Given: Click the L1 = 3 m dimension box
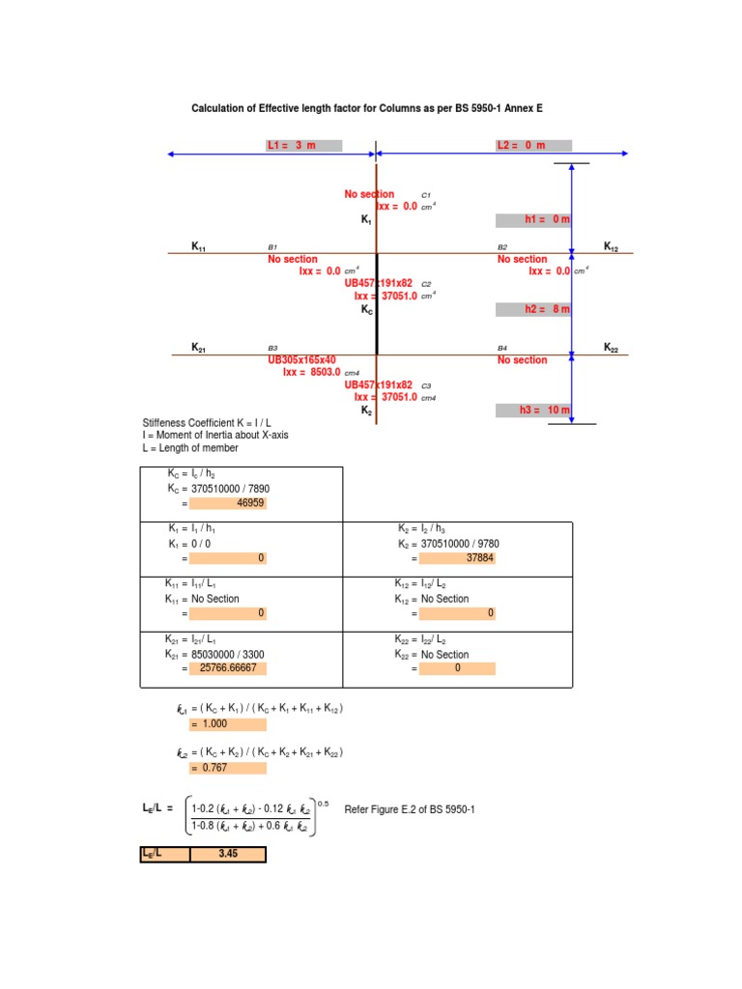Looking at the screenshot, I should point(303,146).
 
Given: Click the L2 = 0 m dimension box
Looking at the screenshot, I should point(532,146).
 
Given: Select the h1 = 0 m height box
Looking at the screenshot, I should point(533,220).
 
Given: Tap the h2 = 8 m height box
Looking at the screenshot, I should point(533,309).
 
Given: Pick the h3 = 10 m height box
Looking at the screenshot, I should point(533,410).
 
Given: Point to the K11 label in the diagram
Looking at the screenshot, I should point(198,248).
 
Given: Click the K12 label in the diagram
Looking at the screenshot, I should point(613,247).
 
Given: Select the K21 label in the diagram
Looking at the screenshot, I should point(198,348).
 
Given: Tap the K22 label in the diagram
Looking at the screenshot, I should point(613,348).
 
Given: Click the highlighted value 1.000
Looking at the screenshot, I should point(227,724).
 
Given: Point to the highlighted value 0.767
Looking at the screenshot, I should point(227,768).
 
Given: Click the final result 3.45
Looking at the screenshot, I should point(227,855).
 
